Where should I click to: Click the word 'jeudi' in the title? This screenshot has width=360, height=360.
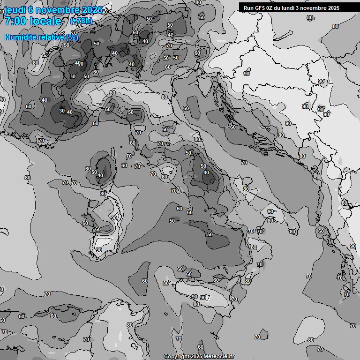(15, 10)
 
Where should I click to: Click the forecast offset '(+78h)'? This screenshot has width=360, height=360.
(81, 21)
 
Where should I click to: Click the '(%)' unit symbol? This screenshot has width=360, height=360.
(72, 37)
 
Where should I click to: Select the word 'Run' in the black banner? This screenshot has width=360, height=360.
(248, 8)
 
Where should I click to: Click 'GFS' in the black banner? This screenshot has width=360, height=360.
(259, 8)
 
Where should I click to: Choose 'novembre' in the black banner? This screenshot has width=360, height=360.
(315, 8)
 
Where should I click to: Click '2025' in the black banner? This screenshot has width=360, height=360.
(334, 8)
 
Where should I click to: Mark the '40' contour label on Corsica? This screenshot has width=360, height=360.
(100, 176)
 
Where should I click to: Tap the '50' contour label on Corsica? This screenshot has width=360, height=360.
(94, 172)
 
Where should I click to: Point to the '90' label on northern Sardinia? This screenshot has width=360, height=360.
(114, 218)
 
